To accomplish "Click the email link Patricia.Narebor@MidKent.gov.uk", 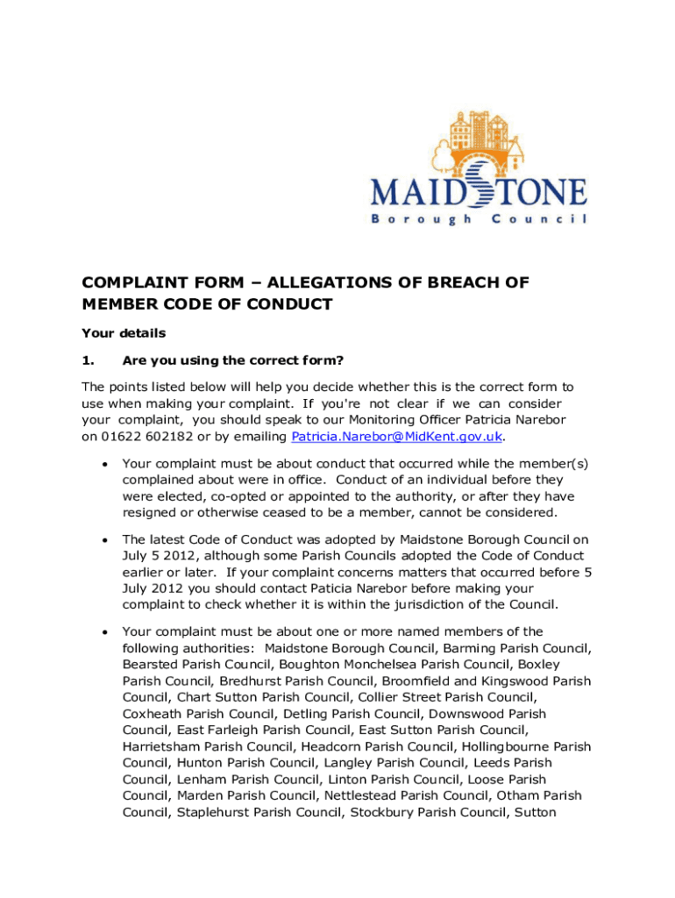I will pos(398,437).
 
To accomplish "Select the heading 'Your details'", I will pos(124,333).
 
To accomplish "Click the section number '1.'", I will pos(88,360).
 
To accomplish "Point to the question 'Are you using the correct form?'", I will pos(232,360).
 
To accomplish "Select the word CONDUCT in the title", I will pos(292,305).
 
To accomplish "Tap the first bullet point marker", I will pos(104,464).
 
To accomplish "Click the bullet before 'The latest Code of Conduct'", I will pos(104,540).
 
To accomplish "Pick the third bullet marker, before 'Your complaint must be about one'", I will pos(104,632).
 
